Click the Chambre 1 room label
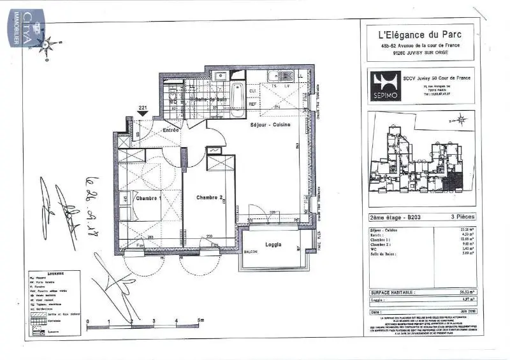coord(149,198)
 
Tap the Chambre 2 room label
coord(209,197)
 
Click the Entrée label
coord(170,130)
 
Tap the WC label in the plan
coord(173,101)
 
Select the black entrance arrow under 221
coord(143,113)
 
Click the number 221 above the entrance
coord(143,108)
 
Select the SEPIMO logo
coord(386,84)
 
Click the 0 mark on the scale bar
coord(88,321)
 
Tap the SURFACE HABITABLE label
coord(393,292)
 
